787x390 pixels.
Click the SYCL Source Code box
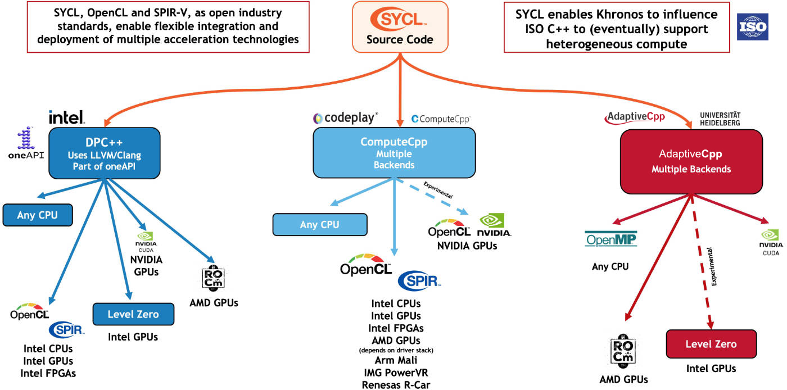pyautogui.click(x=400, y=27)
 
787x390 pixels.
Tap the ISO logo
pyautogui.click(x=753, y=27)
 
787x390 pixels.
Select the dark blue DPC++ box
pyautogui.click(x=105, y=153)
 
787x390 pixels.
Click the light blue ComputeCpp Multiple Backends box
pyautogui.click(x=394, y=152)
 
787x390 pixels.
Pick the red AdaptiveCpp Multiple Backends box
pyautogui.click(x=691, y=162)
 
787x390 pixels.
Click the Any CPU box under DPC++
pyautogui.click(x=38, y=215)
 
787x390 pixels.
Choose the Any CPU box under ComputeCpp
pyautogui.click(x=320, y=225)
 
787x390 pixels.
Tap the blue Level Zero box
pyautogui.click(x=134, y=314)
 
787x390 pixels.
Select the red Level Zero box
pyautogui.click(x=711, y=344)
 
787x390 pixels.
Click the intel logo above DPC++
pyautogui.click(x=67, y=117)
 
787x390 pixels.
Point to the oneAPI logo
pyautogui.click(x=26, y=143)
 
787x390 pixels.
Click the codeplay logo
pyautogui.click(x=345, y=118)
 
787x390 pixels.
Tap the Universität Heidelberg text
pyautogui.click(x=720, y=119)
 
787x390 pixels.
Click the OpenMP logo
pyautogui.click(x=610, y=239)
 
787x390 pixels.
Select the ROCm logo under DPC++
pyautogui.click(x=213, y=278)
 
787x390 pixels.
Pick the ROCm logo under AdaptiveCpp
pyautogui.click(x=623, y=351)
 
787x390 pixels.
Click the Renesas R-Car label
pyautogui.click(x=396, y=385)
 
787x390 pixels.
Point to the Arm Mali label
pyautogui.click(x=396, y=360)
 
